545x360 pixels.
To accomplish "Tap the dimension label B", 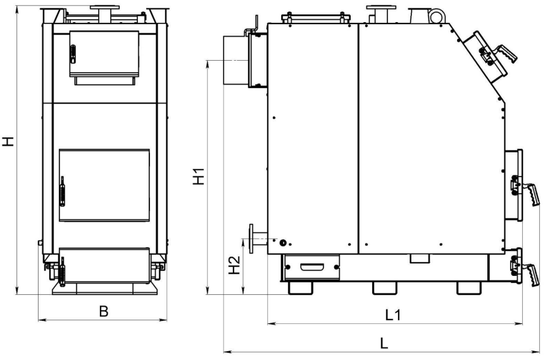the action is pyautogui.click(x=103, y=311).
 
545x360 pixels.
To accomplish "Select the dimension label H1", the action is pyautogui.click(x=199, y=176).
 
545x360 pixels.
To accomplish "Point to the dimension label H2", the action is pyautogui.click(x=235, y=265).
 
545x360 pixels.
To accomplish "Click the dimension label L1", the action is pyautogui.click(x=393, y=315).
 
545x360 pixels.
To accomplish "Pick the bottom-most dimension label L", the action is pyautogui.click(x=384, y=343).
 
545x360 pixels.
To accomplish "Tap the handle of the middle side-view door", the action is pyautogui.click(x=531, y=194).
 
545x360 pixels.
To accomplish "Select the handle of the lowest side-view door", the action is pyautogui.click(x=530, y=275).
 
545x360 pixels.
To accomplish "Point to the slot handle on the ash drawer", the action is pyautogui.click(x=312, y=267).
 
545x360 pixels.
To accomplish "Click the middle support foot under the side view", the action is pyautogui.click(x=384, y=288).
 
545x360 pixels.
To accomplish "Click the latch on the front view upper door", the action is pyautogui.click(x=73, y=54).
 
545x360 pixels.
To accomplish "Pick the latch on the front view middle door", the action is pyautogui.click(x=62, y=191).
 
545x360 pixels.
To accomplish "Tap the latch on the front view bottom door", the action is pyautogui.click(x=63, y=271).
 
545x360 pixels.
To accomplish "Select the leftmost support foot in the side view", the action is pyautogui.click(x=300, y=288).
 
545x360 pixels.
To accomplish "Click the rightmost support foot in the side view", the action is pyautogui.click(x=468, y=288).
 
